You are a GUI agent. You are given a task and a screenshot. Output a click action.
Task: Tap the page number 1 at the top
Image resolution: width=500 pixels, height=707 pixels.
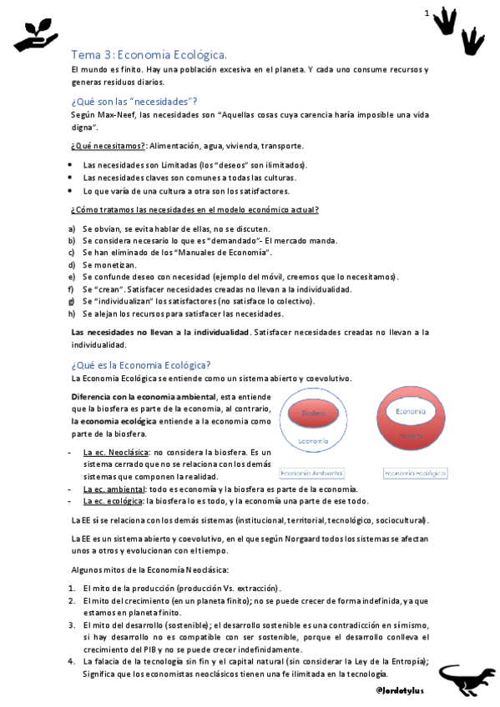point(427,13)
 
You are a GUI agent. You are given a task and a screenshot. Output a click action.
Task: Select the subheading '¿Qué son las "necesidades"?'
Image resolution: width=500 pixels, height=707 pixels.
point(134,101)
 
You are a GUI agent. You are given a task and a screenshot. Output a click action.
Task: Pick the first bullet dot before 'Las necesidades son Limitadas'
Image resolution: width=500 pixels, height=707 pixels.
point(73,164)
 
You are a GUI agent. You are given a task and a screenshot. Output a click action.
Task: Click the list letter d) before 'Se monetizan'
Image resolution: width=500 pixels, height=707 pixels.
point(73,264)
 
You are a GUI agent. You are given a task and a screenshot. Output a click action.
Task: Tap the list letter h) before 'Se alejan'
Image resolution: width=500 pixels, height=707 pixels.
point(73,313)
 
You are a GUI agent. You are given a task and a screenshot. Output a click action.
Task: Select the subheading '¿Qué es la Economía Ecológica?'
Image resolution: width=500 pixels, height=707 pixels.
point(141,364)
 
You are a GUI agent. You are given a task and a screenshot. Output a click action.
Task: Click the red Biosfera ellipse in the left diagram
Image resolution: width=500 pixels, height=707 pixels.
point(312,414)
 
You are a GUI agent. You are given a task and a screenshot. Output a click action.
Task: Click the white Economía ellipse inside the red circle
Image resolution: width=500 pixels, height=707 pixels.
point(410,411)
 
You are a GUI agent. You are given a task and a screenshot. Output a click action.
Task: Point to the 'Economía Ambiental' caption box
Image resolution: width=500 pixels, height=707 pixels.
point(313,473)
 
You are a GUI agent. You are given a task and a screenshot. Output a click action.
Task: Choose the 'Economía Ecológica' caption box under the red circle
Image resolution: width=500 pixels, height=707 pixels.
point(414,473)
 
